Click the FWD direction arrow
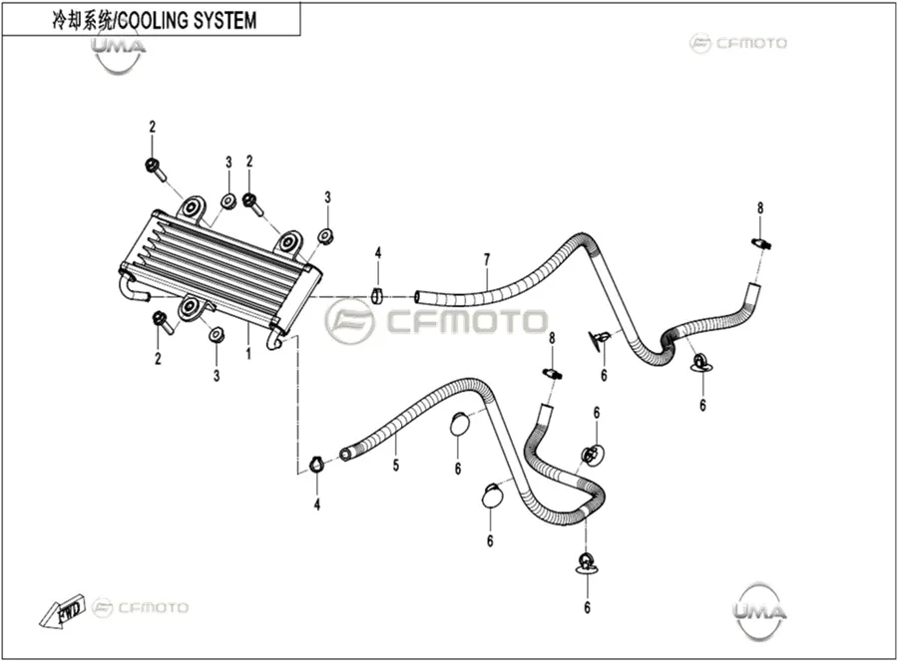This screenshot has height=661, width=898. point(62,613)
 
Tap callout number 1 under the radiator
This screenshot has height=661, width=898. point(248,354)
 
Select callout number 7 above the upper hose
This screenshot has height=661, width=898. point(487,260)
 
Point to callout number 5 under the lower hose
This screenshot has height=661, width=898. point(396,466)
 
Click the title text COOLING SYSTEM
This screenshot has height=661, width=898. point(188,21)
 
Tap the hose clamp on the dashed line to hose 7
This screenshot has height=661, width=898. point(376,295)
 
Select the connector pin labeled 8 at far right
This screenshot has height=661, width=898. point(761,243)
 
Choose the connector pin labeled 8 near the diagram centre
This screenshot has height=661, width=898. point(552,374)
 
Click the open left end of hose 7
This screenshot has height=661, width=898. point(419,297)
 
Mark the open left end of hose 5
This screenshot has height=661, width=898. point(345,455)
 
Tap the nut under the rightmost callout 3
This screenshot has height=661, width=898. point(326,235)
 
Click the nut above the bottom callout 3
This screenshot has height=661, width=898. point(216,334)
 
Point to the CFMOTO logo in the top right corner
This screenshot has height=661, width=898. point(738,43)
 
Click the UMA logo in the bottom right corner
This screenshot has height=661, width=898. point(760,611)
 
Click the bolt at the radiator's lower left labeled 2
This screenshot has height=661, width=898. point(162,323)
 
